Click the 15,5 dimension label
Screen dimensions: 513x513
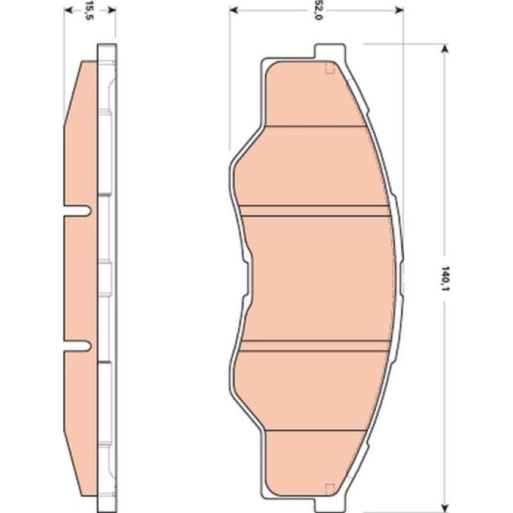(x=89, y=10)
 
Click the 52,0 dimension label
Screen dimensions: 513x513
(x=317, y=10)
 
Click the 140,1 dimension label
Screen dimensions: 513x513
(x=444, y=278)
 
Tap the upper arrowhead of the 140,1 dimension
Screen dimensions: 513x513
(x=444, y=49)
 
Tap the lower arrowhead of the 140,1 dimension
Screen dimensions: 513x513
(x=444, y=508)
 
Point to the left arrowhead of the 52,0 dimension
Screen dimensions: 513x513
(x=234, y=10)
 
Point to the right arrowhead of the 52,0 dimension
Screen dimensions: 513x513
(x=399, y=10)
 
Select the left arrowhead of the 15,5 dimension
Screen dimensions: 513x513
(x=68, y=10)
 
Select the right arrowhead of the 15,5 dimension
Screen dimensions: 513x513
(x=111, y=10)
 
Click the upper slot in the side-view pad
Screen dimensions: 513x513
(x=77, y=211)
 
